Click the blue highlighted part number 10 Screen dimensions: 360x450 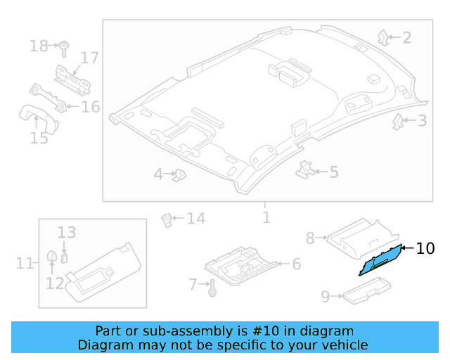tap(380, 261)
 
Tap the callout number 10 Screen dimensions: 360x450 tap(425, 248)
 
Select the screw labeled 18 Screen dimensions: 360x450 tap(64, 47)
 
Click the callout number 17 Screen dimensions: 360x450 tap(89, 58)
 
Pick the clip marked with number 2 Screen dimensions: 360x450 tap(383, 37)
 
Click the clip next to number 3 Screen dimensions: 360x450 tap(398, 122)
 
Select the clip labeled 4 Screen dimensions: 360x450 tap(180, 174)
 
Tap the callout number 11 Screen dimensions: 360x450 tap(25, 264)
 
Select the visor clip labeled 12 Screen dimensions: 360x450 tap(52, 258)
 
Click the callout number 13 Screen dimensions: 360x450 tap(66, 233)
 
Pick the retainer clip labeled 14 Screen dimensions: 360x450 tap(168, 219)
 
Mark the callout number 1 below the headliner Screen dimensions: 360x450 tap(266, 217)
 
